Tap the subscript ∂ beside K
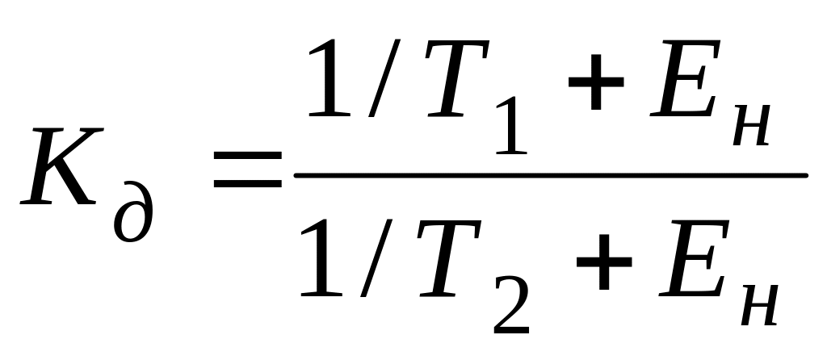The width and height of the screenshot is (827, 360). tap(133, 212)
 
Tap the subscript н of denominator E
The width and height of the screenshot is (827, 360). tap(758, 303)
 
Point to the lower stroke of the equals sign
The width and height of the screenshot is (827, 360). tap(247, 186)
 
